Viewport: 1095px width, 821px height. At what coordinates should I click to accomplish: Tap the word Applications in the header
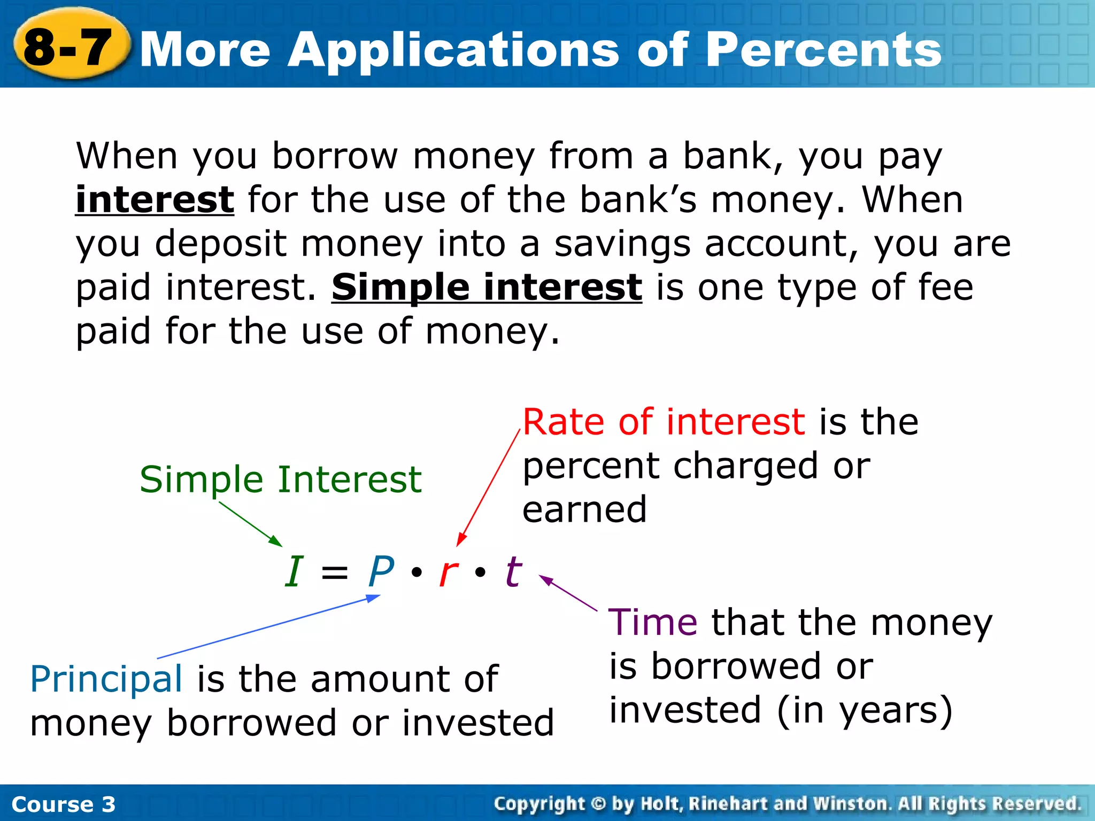pyautogui.click(x=454, y=51)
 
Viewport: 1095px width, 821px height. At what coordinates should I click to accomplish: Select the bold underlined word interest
pyautogui.click(x=155, y=200)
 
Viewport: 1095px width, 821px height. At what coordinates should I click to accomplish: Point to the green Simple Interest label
pyautogui.click(x=280, y=479)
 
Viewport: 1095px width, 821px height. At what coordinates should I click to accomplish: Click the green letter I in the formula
pyautogui.click(x=294, y=571)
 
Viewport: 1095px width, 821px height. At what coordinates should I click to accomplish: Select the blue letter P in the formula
pyautogui.click(x=381, y=571)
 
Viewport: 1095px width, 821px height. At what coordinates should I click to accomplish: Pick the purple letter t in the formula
pyautogui.click(x=513, y=571)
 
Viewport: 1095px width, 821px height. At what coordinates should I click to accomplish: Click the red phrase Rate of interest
pyautogui.click(x=663, y=422)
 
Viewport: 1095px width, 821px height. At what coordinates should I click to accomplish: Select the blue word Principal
pyautogui.click(x=106, y=679)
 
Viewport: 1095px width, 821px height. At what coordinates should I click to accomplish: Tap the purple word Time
pyautogui.click(x=652, y=623)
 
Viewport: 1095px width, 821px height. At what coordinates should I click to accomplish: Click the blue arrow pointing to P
pyautogui.click(x=267, y=628)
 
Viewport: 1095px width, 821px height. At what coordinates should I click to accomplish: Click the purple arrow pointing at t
pyautogui.click(x=568, y=593)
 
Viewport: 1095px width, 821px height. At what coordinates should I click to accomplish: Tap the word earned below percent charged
pyautogui.click(x=584, y=509)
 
